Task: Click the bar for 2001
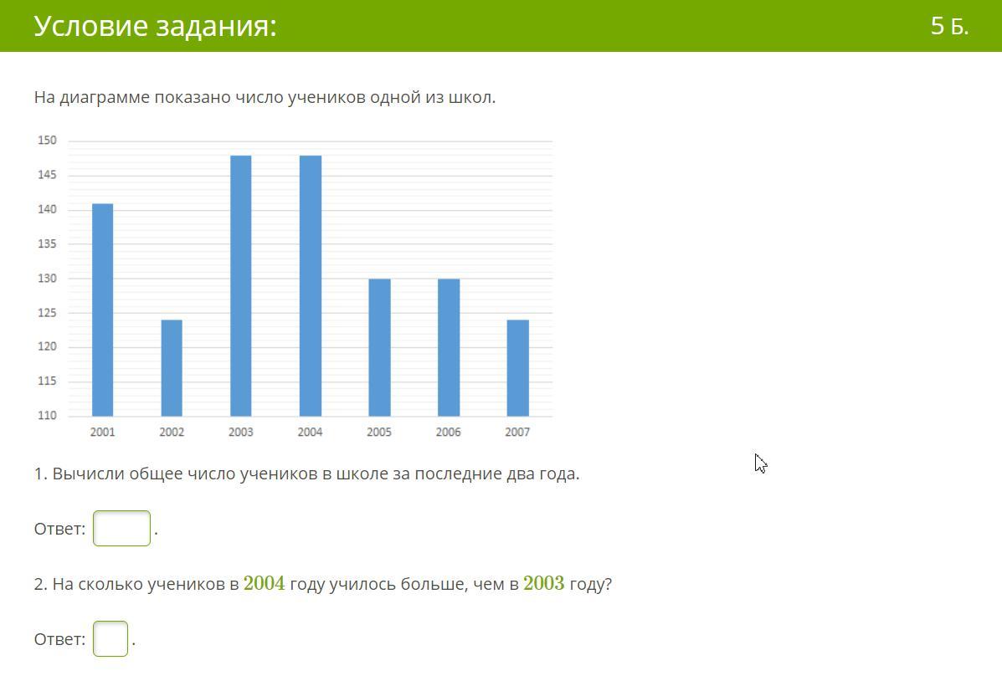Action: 102,310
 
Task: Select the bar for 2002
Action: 172,368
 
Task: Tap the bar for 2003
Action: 240,285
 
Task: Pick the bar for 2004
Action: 310,285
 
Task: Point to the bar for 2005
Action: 379,347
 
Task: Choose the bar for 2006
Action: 449,347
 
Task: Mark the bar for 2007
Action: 517,368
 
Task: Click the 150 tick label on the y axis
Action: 47,141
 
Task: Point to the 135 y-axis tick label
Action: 47,244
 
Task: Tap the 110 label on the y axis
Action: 47,416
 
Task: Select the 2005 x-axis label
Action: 379,433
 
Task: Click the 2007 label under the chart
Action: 517,433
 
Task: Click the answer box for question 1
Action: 121,528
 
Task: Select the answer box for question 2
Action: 110,639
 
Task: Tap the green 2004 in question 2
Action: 264,583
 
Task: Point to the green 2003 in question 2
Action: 544,583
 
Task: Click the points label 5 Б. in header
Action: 949,26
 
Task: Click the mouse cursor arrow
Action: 760,463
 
